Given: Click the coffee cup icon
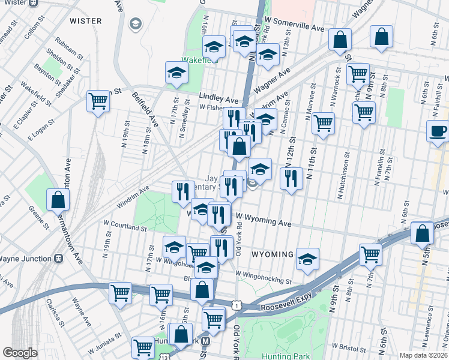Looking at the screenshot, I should [x=438, y=130].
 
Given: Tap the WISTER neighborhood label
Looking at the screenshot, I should [x=86, y=21].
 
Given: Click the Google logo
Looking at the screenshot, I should [x=20, y=353].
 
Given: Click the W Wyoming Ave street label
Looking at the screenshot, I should [x=264, y=221].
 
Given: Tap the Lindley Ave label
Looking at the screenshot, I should [x=219, y=98].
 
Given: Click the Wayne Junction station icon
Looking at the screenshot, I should [x=59, y=259].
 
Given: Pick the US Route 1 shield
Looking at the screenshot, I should [x=238, y=306].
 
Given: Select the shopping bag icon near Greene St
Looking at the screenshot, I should [x=57, y=200].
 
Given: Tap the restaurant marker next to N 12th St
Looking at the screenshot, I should [x=291, y=178].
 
